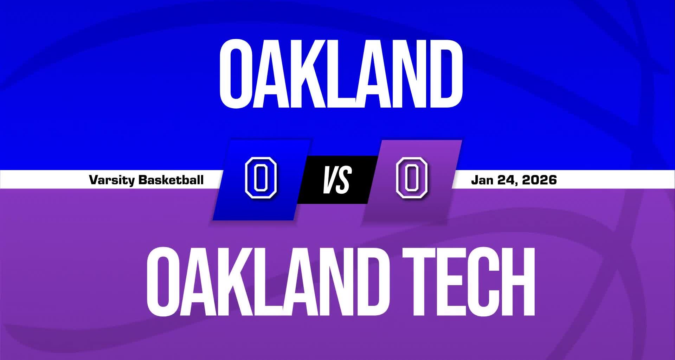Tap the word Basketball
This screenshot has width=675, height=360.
point(171,180)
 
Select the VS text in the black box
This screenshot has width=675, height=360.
point(337,180)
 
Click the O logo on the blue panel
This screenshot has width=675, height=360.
point(261,178)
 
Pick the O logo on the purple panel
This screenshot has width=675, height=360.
point(412,178)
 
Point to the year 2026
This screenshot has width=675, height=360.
point(539,180)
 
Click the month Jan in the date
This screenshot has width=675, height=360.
point(482,180)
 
